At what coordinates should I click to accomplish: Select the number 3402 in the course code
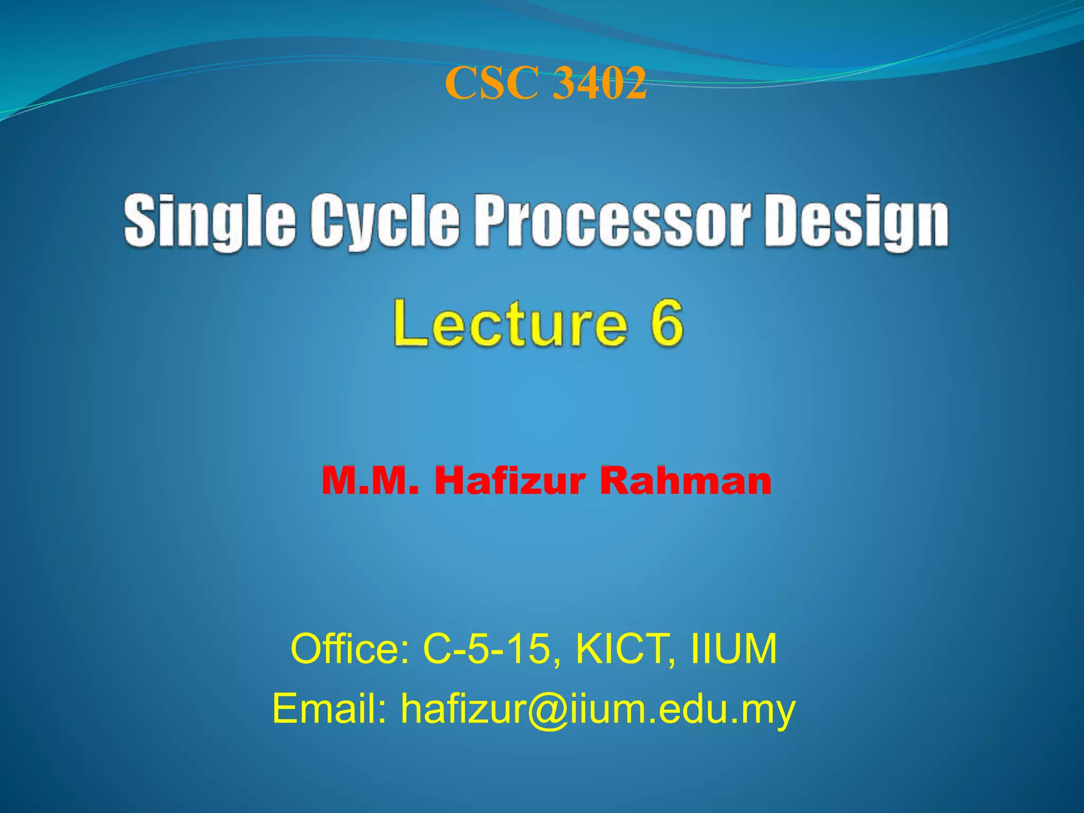click(599, 84)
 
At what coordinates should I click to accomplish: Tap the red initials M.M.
click(370, 481)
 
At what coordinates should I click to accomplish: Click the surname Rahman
click(685, 481)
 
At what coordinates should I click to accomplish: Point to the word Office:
click(349, 649)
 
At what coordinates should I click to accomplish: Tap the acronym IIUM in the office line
click(734, 649)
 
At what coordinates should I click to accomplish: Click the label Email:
click(330, 709)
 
